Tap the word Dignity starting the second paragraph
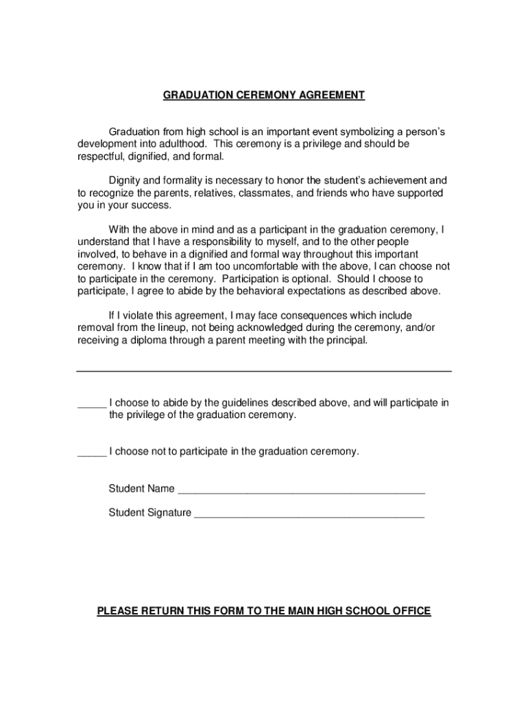click(x=126, y=181)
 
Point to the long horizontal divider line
click(x=264, y=371)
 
